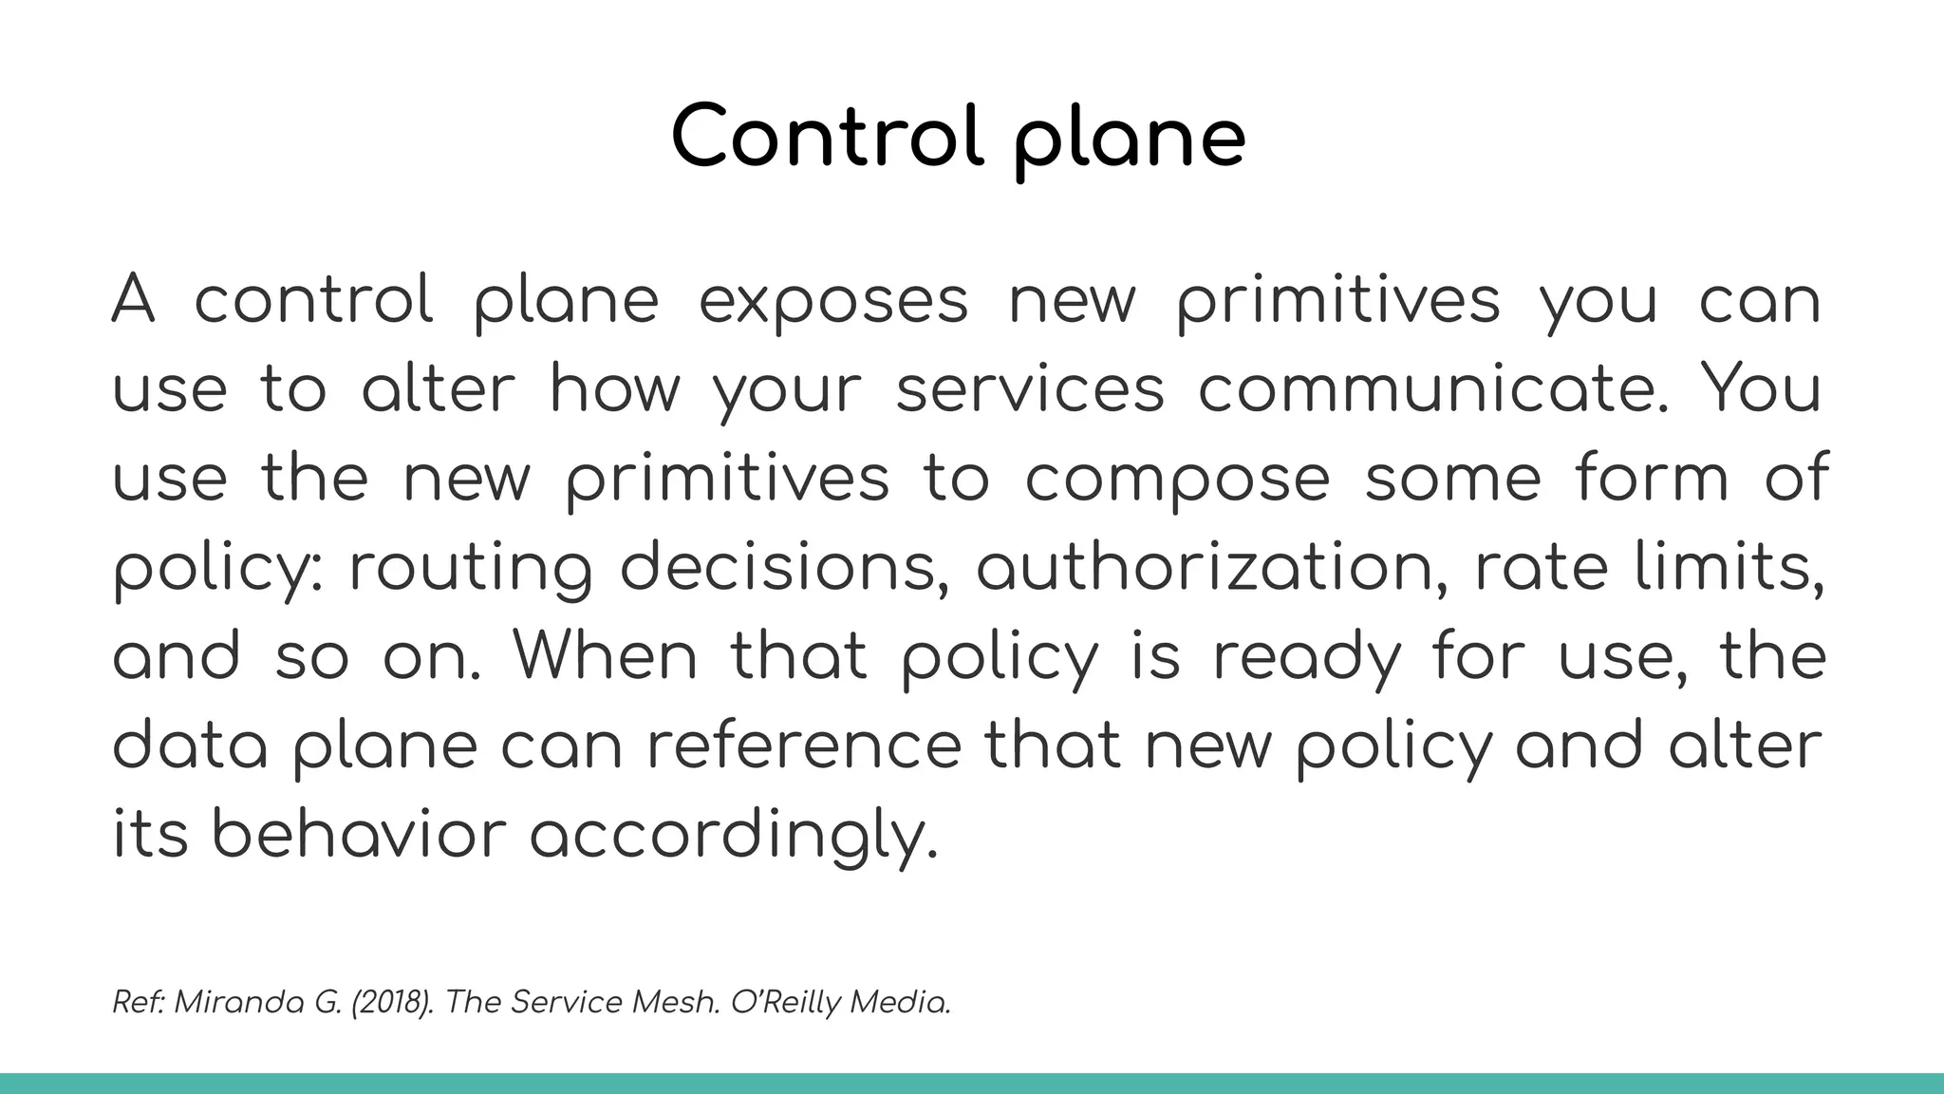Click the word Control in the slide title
click(x=827, y=137)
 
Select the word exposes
click(x=833, y=302)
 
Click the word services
click(x=1030, y=389)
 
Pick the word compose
click(x=1177, y=480)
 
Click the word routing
click(x=471, y=569)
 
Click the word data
click(x=190, y=745)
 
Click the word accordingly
click(x=733, y=837)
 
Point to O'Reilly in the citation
click(x=786, y=1002)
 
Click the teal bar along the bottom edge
click(x=972, y=1084)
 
